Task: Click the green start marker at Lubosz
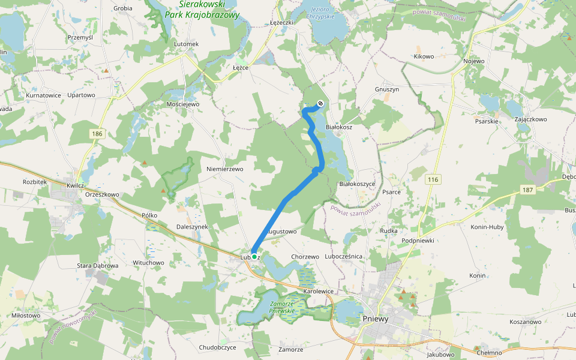click(254, 257)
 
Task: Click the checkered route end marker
click(320, 103)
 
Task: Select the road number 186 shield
click(97, 133)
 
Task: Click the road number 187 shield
click(527, 190)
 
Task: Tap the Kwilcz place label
click(76, 186)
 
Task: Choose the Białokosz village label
click(338, 128)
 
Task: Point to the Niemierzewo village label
click(224, 169)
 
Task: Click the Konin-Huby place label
click(487, 227)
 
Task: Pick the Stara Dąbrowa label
click(98, 265)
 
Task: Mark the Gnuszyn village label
click(386, 89)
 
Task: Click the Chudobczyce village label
click(218, 347)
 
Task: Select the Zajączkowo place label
click(530, 119)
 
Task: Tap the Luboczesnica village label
click(343, 256)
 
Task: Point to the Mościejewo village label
click(182, 104)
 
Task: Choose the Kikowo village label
click(424, 56)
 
